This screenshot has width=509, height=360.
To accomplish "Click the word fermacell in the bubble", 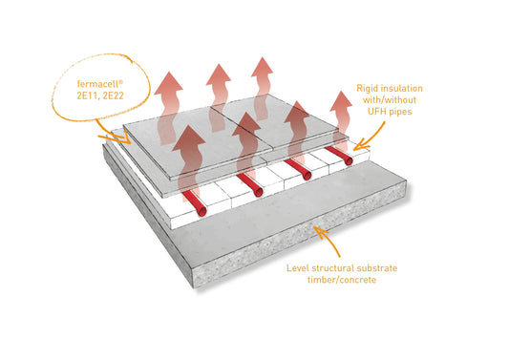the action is [x=98, y=84].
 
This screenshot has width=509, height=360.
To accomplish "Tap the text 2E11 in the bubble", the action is [x=87, y=95].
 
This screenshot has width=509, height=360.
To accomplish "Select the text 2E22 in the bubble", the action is [x=113, y=95].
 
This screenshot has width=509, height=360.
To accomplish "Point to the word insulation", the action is [x=402, y=88].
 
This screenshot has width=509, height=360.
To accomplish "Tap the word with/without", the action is [x=390, y=99].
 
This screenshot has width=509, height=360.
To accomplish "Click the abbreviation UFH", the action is [x=376, y=112].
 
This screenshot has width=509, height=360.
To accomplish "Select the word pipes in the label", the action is [x=400, y=112].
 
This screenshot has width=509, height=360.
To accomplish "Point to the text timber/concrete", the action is [x=342, y=280].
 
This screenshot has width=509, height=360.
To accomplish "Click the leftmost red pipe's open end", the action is [x=201, y=211].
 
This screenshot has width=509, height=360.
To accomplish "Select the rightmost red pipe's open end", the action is [x=349, y=160].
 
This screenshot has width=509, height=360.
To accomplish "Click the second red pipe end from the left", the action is [x=259, y=192].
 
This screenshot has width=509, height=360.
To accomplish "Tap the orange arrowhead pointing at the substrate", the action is [x=320, y=232].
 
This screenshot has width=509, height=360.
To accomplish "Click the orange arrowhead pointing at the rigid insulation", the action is [x=360, y=145].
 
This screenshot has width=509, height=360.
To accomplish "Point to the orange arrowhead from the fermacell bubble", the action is [x=124, y=138].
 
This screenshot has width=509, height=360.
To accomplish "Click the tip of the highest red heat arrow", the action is [x=262, y=57].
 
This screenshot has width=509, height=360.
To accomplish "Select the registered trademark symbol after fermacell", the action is [x=121, y=82].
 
